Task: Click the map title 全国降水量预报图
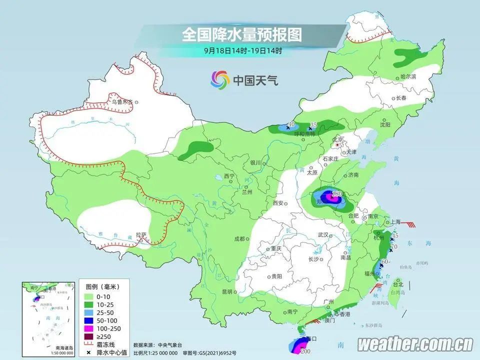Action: click(242, 34)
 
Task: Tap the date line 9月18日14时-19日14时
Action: click(243, 50)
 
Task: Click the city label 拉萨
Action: click(141, 234)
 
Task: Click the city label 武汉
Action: click(322, 234)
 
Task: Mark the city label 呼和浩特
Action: click(305, 134)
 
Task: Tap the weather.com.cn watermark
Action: click(415, 344)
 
